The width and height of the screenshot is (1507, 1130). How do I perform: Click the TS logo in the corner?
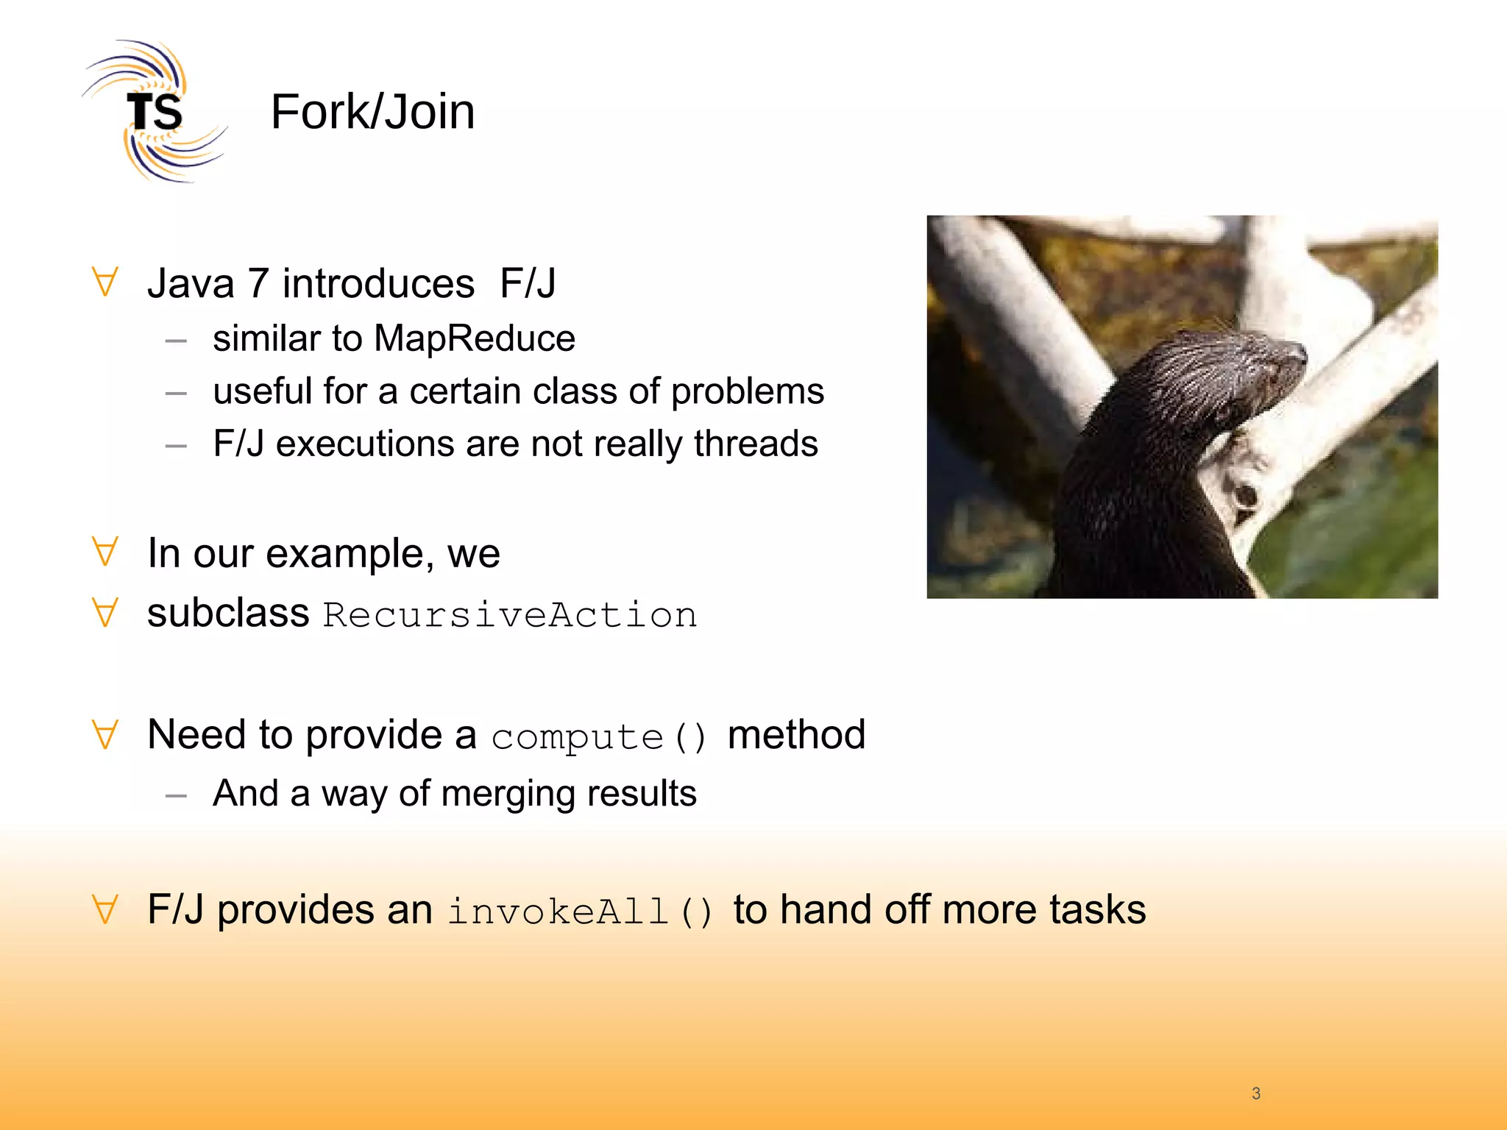coord(153,112)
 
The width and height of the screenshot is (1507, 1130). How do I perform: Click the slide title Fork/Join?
coord(372,112)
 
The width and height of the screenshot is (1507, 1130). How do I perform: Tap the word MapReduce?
coord(474,339)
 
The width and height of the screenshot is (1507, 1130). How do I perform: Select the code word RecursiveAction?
coord(510,615)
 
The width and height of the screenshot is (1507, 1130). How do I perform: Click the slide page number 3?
coord(1256,1093)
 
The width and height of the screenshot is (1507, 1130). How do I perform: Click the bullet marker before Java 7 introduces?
coord(106,283)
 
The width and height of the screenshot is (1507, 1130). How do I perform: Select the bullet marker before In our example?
coord(106,552)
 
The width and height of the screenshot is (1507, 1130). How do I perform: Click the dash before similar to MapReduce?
coord(176,341)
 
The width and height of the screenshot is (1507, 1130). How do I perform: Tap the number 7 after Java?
coord(258,284)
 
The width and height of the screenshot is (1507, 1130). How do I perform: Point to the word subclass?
coord(228,613)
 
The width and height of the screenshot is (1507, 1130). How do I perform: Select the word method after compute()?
coord(796,735)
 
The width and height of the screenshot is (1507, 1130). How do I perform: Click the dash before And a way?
coord(176,795)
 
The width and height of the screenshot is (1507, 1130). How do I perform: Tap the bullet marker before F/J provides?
coord(106,910)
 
